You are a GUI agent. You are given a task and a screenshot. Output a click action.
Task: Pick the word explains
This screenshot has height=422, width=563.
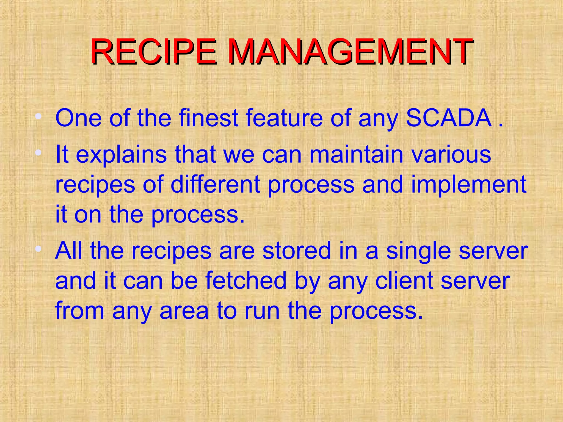[121, 155]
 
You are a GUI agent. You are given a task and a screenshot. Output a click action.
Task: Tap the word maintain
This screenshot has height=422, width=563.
[356, 154]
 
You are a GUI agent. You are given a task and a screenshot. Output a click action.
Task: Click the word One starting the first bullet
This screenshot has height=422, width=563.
[79, 118]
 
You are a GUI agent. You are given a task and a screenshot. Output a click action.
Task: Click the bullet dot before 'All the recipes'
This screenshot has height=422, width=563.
[39, 249]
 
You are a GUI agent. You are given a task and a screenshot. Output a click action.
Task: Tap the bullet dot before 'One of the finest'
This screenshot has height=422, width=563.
[39, 116]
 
